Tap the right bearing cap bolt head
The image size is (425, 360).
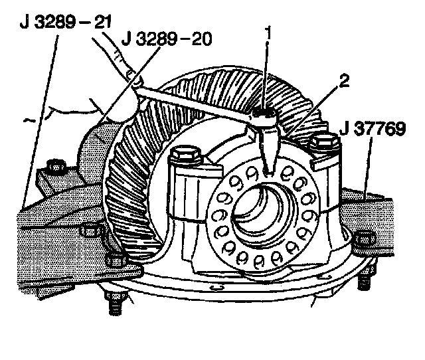[x=323, y=141]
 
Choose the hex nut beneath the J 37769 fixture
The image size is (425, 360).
[x=364, y=240]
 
